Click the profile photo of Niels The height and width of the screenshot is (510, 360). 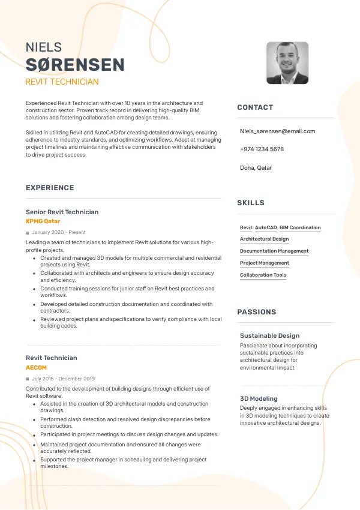287,63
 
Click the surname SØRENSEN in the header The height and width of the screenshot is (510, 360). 75,65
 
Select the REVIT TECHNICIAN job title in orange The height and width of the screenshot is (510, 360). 62,82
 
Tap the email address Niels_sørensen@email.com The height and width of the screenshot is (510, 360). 277,131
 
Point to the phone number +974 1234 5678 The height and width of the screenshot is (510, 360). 262,149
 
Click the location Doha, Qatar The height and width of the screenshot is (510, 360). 256,168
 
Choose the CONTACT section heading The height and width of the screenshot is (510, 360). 255,107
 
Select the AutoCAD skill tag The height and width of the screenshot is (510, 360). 266,228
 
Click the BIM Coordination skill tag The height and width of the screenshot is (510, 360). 300,228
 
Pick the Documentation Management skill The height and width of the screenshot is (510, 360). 274,251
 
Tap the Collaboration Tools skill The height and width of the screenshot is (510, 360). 263,275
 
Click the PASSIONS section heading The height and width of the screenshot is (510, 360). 257,312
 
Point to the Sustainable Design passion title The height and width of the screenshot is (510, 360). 269,336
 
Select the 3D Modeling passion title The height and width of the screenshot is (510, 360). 259,398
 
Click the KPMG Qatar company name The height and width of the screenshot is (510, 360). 43,221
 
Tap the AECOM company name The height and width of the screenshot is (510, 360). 36,367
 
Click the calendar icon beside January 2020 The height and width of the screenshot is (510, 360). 28,233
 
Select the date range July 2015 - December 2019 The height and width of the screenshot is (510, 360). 63,379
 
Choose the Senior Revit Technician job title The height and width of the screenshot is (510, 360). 62,212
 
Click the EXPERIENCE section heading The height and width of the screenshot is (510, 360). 50,188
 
